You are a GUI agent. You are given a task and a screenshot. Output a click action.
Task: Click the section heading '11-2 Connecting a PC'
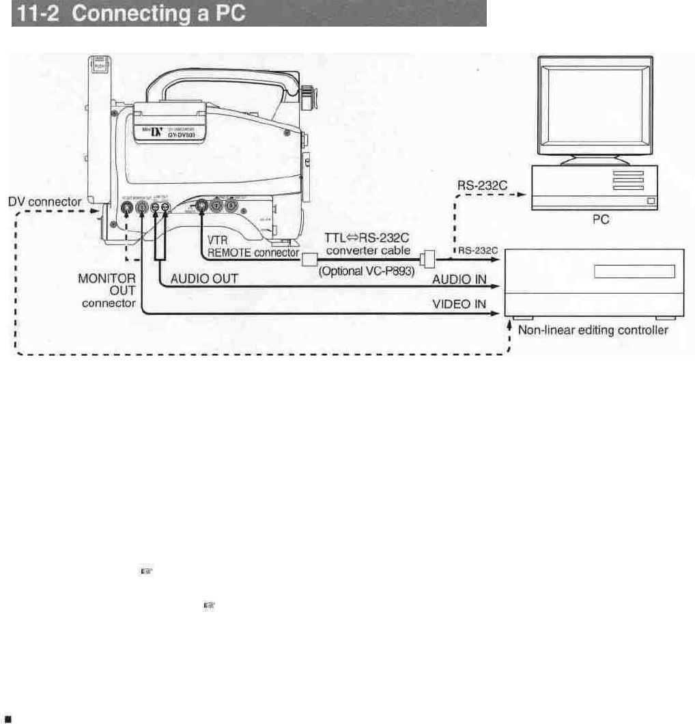[x=130, y=14]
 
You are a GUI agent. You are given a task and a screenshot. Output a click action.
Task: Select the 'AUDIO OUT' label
[x=204, y=280]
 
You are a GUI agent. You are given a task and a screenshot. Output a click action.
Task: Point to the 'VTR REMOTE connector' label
[x=253, y=246]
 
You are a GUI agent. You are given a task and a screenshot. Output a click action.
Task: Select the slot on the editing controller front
[x=634, y=272]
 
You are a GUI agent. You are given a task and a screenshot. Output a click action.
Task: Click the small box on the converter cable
[x=309, y=259]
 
